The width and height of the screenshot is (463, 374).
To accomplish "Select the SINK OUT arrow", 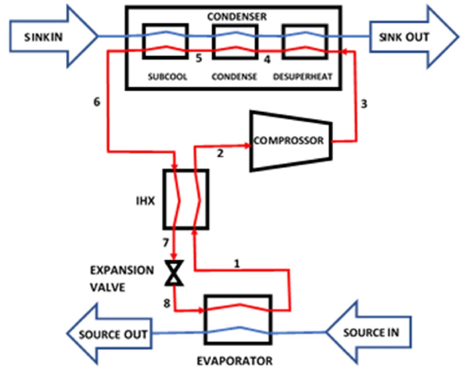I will [413, 37].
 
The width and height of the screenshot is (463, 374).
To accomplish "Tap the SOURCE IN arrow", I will [370, 332].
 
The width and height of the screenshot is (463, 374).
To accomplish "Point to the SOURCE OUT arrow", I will [112, 334].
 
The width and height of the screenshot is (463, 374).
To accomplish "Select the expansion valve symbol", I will [174, 273].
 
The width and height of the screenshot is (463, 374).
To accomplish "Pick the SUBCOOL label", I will [167, 76].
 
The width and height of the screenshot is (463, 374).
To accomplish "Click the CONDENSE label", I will [234, 76].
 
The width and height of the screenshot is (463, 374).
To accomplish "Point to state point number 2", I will [220, 154].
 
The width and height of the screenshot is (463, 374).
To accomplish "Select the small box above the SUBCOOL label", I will [166, 41].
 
